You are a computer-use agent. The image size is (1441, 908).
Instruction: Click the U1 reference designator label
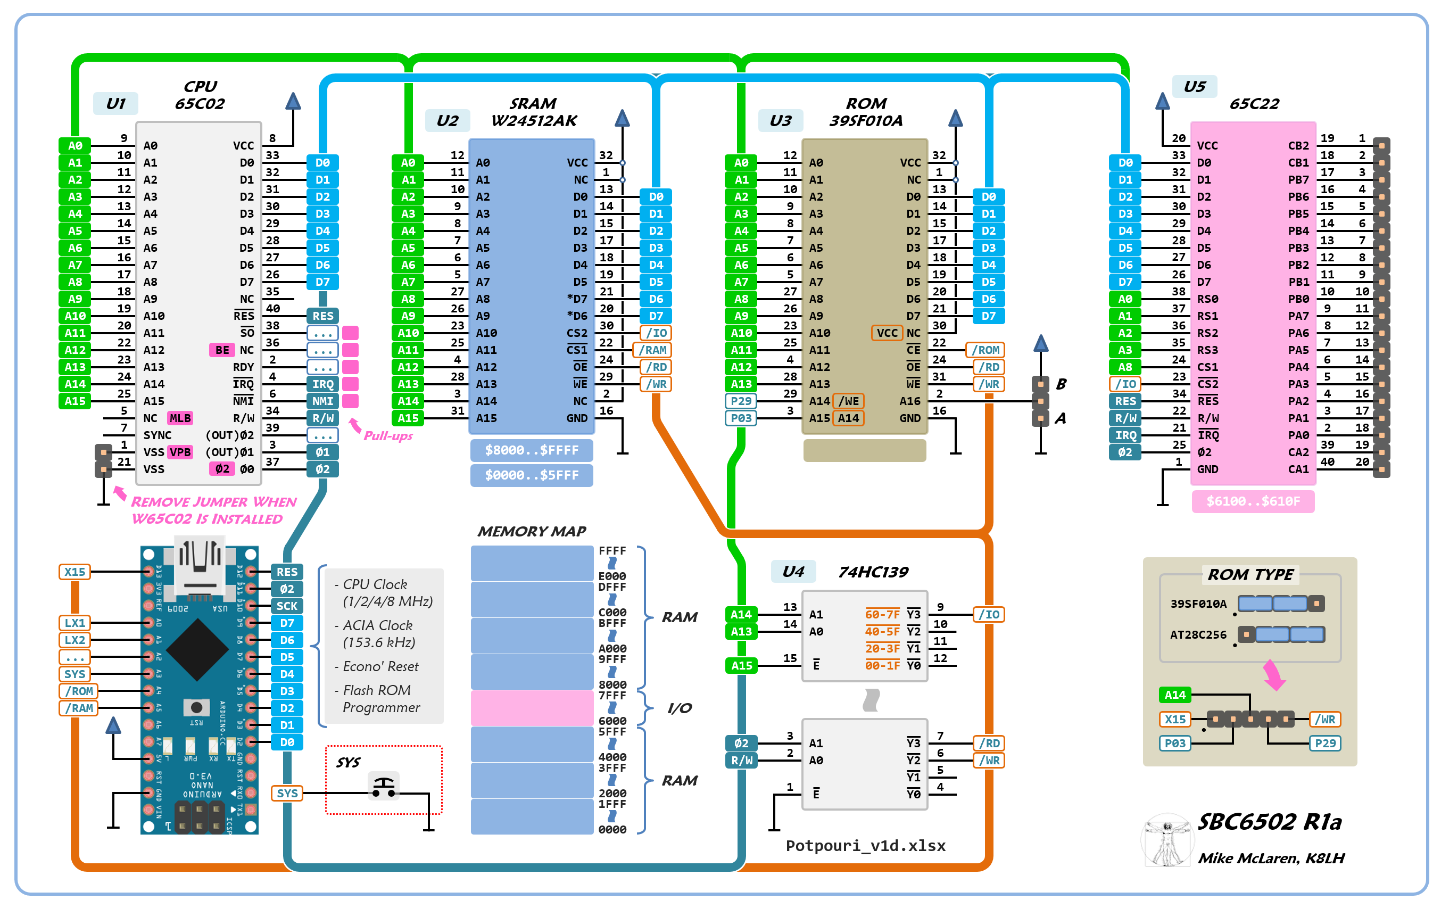pyautogui.click(x=115, y=104)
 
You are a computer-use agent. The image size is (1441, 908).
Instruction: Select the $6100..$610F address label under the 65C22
pyautogui.click(x=1253, y=501)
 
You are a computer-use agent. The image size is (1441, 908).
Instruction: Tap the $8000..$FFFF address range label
pyautogui.click(x=532, y=450)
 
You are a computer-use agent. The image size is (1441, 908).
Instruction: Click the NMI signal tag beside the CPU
pyautogui.click(x=322, y=401)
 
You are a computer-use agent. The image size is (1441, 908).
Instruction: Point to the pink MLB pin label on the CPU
pyautogui.click(x=180, y=418)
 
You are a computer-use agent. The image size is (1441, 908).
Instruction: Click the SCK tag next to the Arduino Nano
pyautogui.click(x=287, y=606)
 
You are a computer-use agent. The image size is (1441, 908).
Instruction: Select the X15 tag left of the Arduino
pyautogui.click(x=75, y=572)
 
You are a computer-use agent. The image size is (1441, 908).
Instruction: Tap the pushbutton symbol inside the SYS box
pyautogui.click(x=384, y=787)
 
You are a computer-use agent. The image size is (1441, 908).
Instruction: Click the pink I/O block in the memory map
pyautogui.click(x=532, y=707)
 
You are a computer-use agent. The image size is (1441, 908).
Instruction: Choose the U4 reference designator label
pyautogui.click(x=793, y=572)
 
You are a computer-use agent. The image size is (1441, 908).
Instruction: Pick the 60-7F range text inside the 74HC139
pyautogui.click(x=882, y=614)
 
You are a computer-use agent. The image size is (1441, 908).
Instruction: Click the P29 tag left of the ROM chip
pyautogui.click(x=741, y=401)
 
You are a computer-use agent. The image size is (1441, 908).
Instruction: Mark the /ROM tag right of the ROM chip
pyautogui.click(x=985, y=350)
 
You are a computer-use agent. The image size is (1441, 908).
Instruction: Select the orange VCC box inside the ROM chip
pyautogui.click(x=887, y=333)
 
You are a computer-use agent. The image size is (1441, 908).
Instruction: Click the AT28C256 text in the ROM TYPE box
pyautogui.click(x=1198, y=634)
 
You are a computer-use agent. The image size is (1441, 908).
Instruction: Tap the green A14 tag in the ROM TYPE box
pyautogui.click(x=1175, y=695)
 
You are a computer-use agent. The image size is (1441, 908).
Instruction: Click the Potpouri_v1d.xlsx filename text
pyautogui.click(x=865, y=846)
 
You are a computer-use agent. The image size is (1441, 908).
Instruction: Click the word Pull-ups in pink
pyautogui.click(x=388, y=436)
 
